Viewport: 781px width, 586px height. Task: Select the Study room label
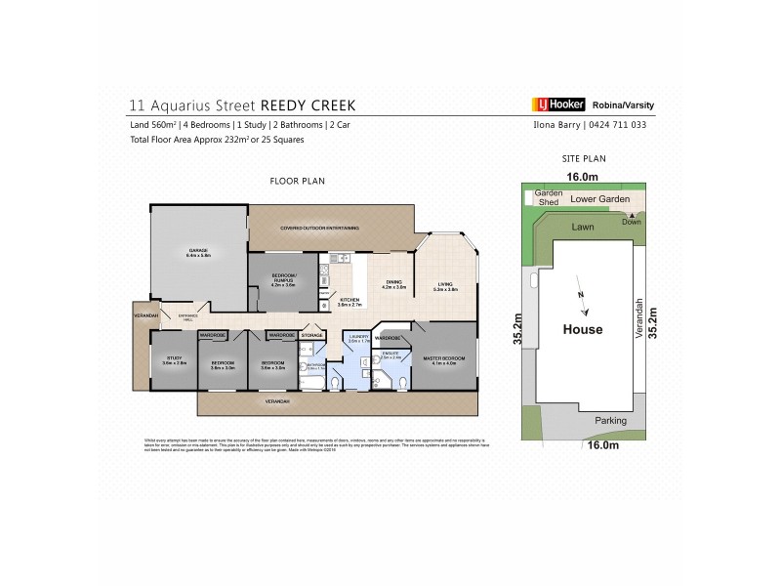(x=174, y=360)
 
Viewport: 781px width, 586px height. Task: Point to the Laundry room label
(x=356, y=339)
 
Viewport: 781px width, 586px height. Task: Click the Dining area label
(x=392, y=285)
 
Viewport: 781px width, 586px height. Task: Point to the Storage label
(x=311, y=335)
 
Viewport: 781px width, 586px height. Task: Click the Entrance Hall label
(x=188, y=315)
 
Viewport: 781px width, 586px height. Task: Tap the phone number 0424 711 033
(x=617, y=125)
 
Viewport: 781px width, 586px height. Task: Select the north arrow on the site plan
(x=584, y=303)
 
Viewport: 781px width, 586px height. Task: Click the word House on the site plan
(x=583, y=329)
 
